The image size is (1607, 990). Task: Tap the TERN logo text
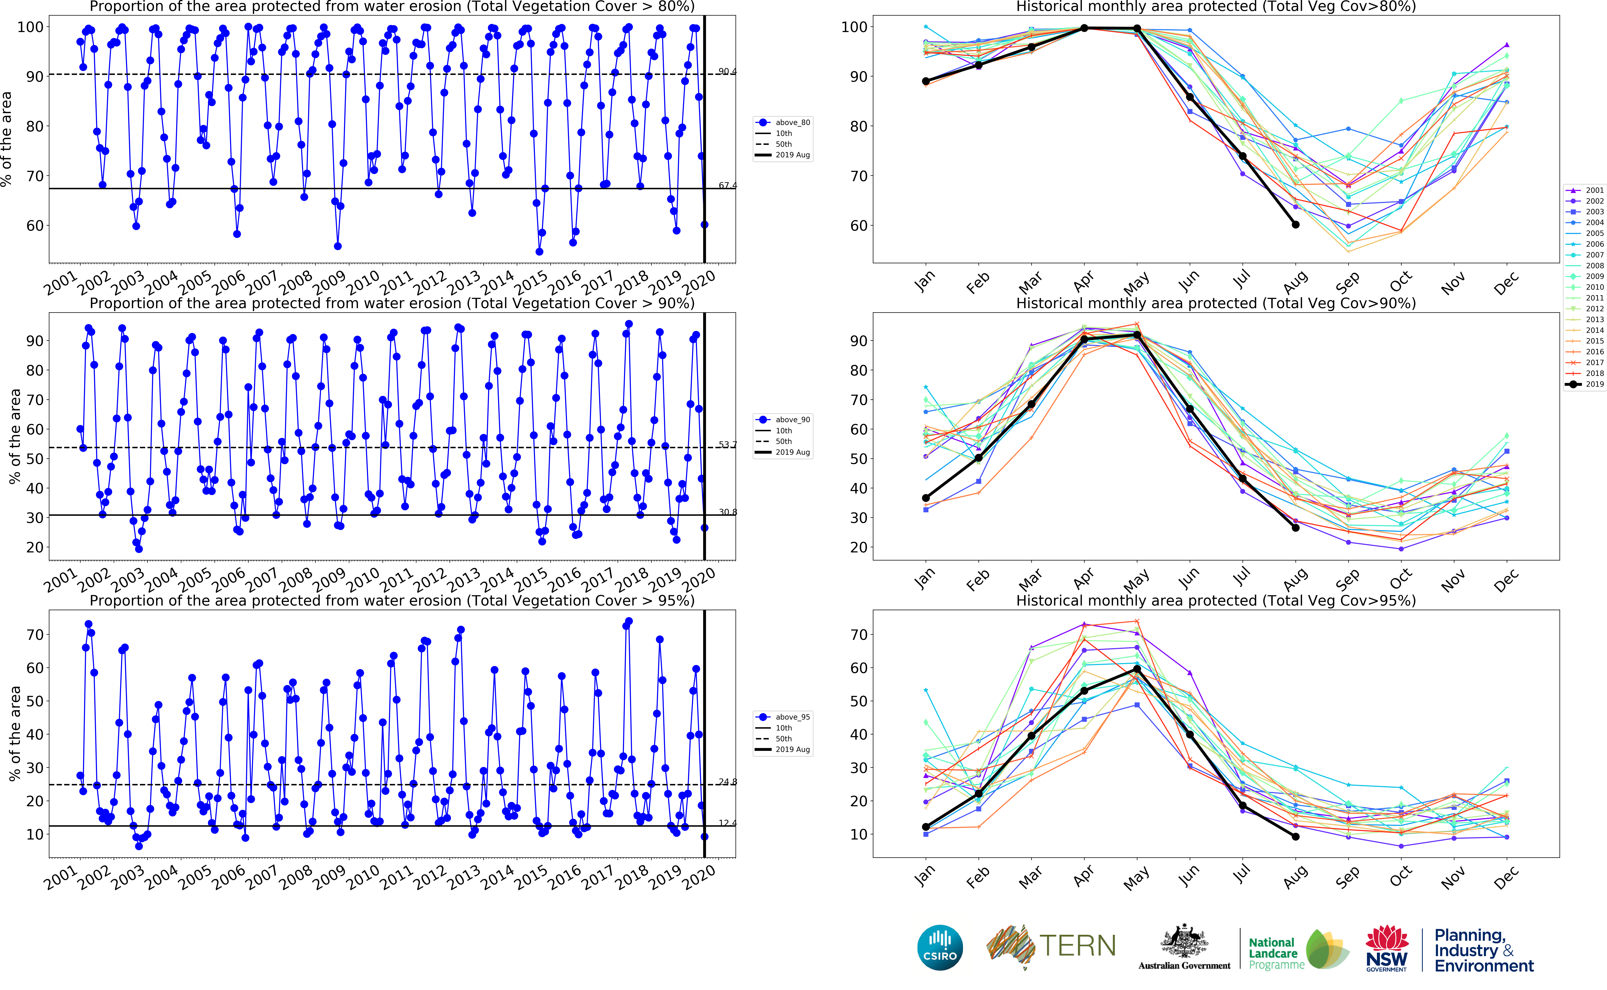(x=1077, y=945)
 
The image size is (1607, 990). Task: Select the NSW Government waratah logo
(x=1386, y=947)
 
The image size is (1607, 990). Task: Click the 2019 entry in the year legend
(x=1594, y=384)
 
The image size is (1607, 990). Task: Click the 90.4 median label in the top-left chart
(x=727, y=71)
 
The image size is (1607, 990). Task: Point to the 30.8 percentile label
(x=727, y=512)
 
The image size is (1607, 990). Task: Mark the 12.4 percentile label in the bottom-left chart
(x=727, y=823)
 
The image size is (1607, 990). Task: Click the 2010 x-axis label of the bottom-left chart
(x=363, y=876)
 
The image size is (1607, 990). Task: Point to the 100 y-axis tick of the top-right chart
(x=854, y=27)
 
